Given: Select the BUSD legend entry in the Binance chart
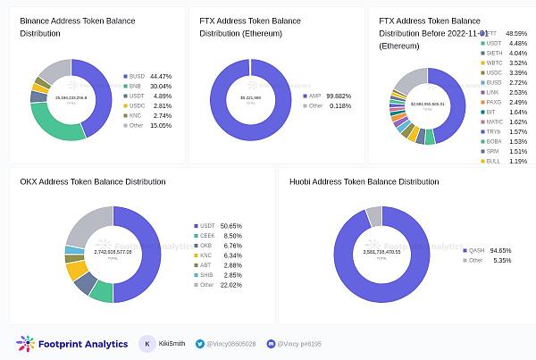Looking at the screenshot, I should [137, 76].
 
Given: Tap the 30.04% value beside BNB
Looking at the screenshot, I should [162, 87].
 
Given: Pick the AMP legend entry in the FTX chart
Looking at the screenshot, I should [314, 96].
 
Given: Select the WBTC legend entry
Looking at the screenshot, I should [494, 63].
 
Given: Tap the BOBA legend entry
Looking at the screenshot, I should [494, 141].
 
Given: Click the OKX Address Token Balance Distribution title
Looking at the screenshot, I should [93, 181].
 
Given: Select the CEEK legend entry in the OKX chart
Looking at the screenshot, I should [206, 236].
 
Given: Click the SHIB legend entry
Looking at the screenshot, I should [206, 275].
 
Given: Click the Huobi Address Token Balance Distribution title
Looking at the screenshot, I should [364, 181].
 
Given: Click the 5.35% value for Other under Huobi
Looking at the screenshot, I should [503, 261].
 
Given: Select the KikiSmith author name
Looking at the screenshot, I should [173, 344].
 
